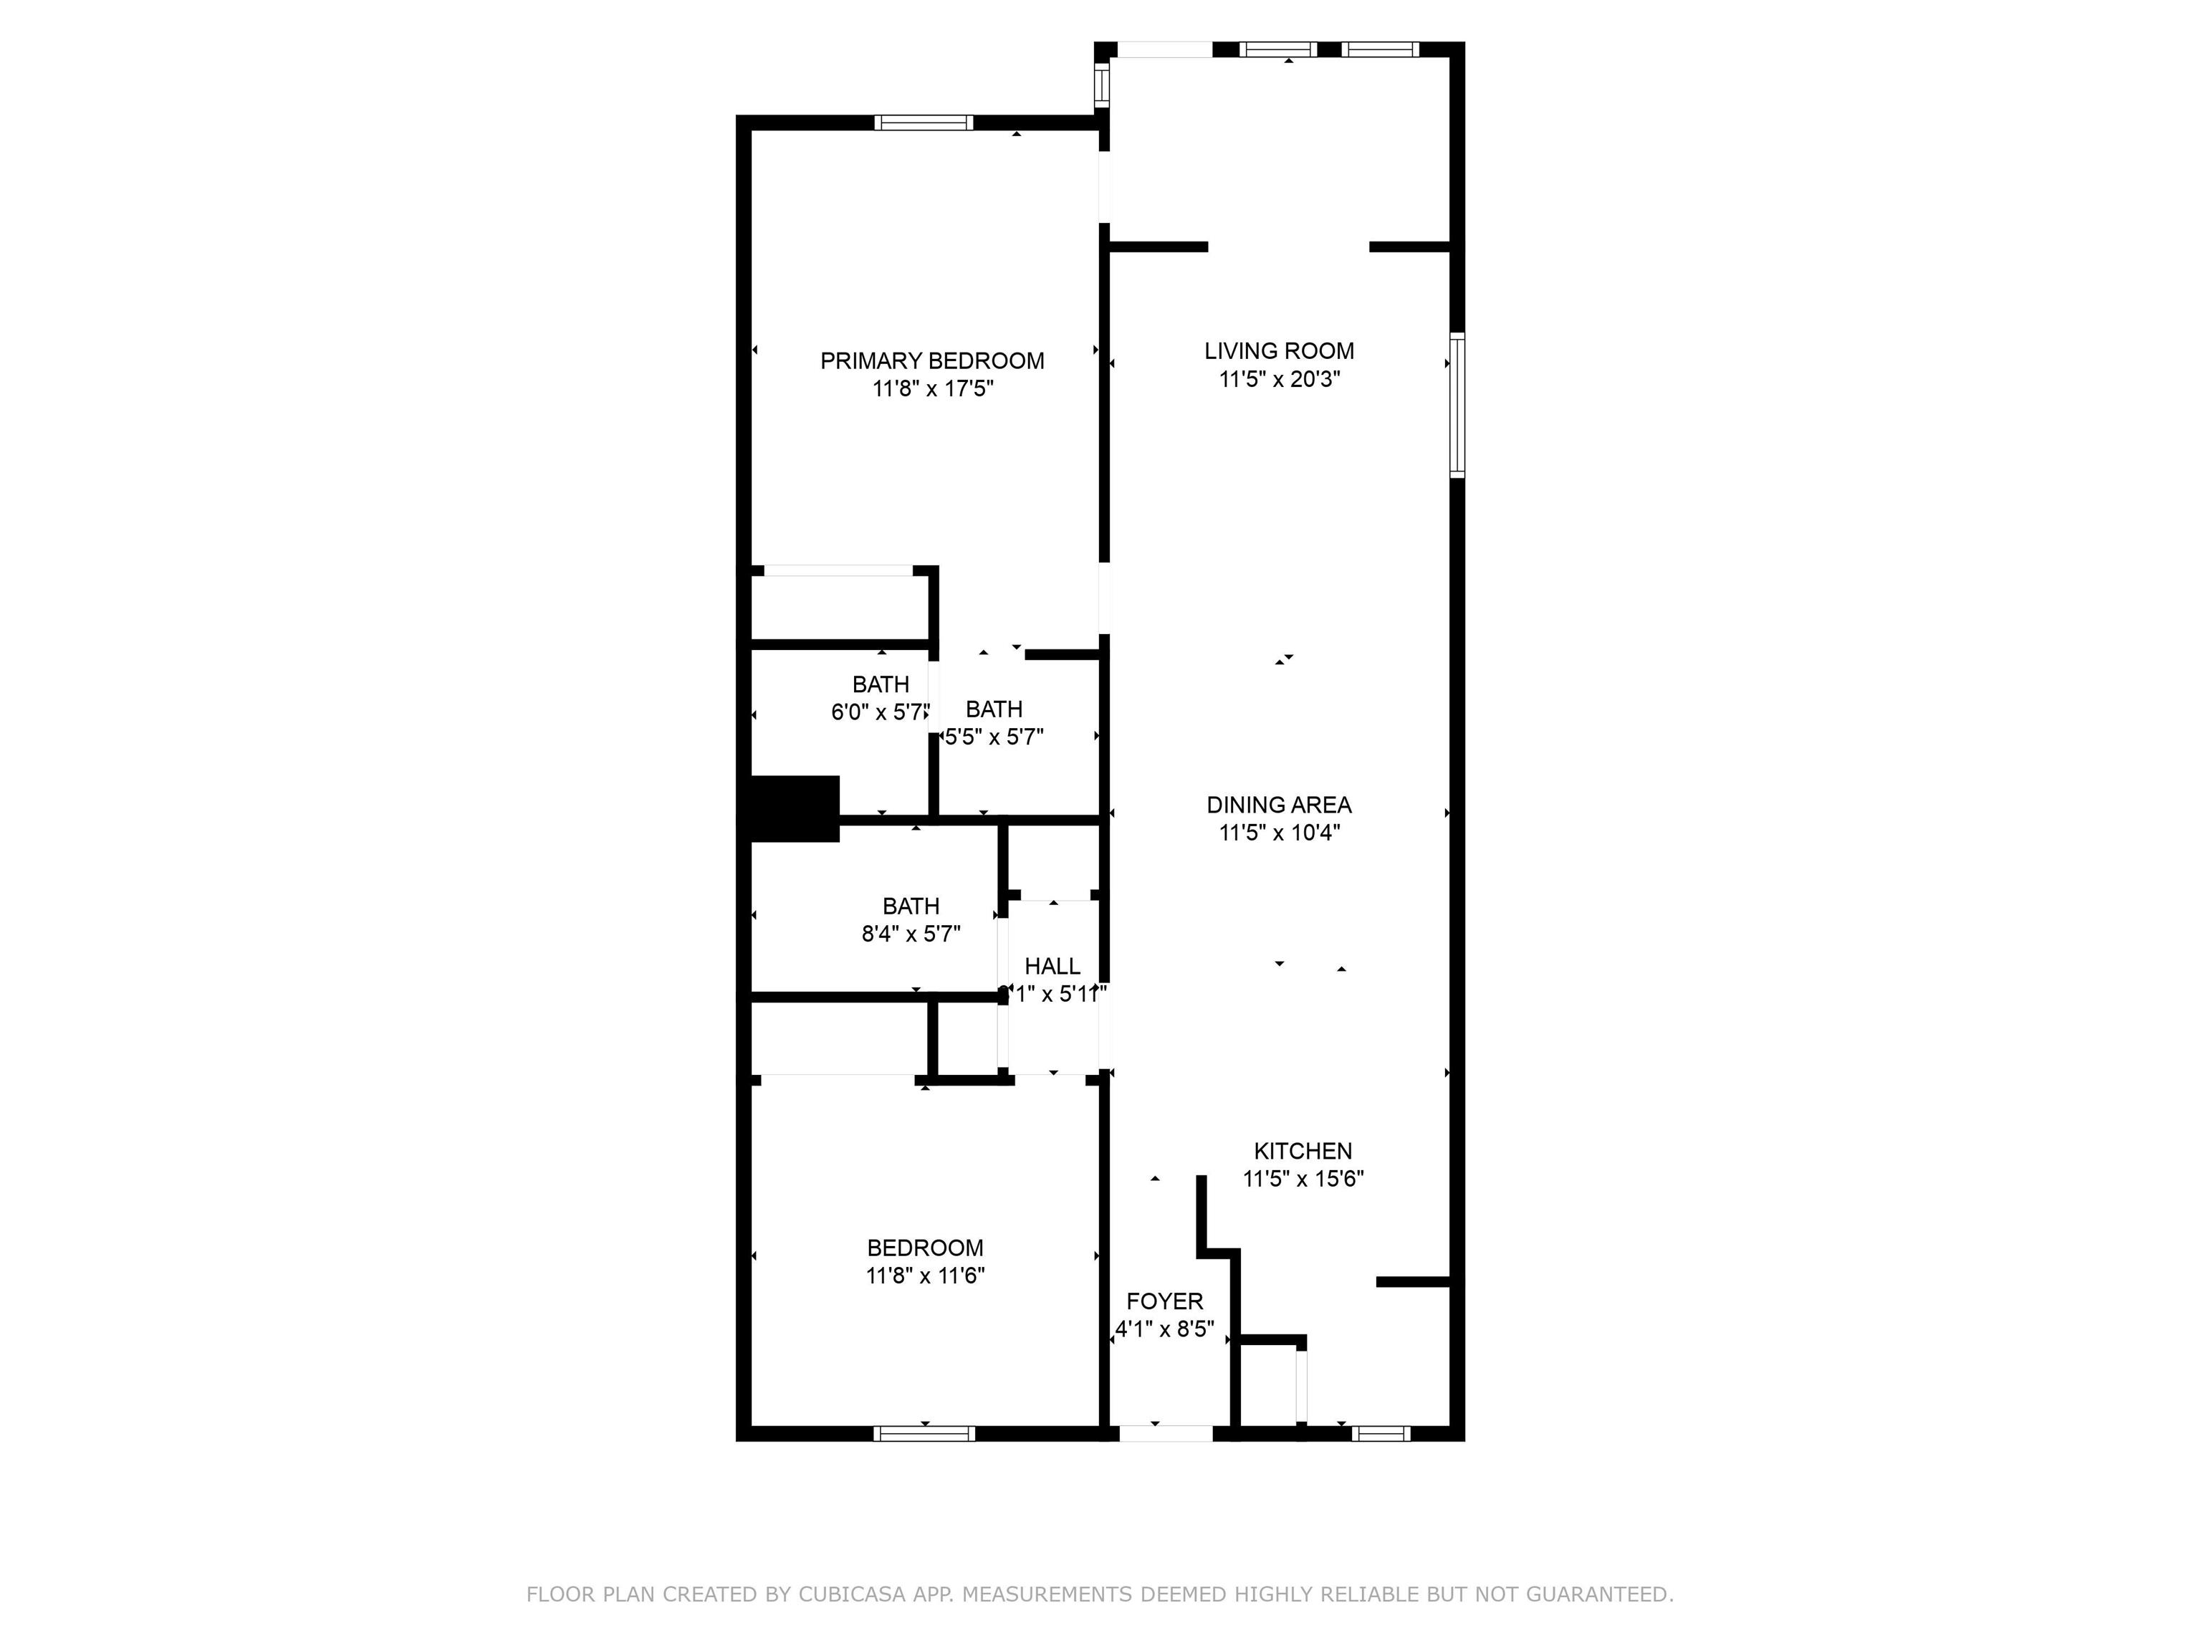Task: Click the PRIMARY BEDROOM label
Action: [931, 361]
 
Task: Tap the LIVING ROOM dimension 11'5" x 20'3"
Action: [1280, 379]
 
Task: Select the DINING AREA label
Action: [1279, 805]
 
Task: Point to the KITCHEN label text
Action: [1303, 1152]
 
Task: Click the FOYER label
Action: [1164, 1301]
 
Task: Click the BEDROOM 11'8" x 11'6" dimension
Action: [926, 1276]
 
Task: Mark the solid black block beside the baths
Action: [794, 808]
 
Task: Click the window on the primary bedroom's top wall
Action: [924, 123]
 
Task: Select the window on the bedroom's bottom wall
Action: [924, 1434]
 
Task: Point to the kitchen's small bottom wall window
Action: [1382, 1434]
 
